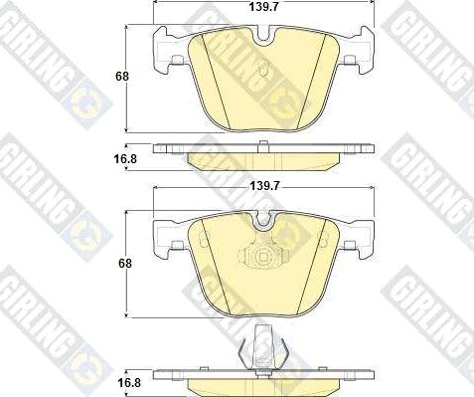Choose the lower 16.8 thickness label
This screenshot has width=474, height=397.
pos(125,380)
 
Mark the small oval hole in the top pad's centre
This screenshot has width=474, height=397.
pos(263,71)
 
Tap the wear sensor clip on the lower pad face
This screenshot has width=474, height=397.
pos(262,256)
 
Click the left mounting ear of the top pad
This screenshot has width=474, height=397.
pos(167,50)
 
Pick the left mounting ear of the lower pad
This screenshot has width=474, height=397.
pos(165,238)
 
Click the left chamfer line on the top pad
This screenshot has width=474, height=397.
pos(210,80)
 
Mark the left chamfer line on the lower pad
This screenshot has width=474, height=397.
pos(210,267)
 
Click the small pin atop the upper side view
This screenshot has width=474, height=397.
pos(260,146)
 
